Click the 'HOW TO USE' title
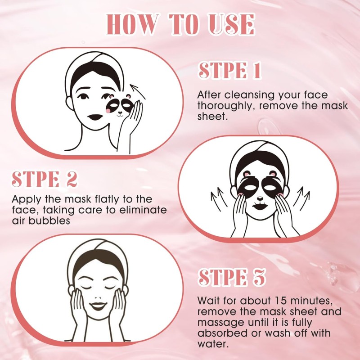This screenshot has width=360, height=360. (x=180, y=24)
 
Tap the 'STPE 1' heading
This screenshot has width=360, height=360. (x=230, y=70)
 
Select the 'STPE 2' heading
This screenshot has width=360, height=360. (x=44, y=179)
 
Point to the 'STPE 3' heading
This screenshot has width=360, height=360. (x=232, y=277)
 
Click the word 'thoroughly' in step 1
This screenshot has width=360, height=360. (x=226, y=106)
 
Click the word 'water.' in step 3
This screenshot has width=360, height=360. (x=213, y=344)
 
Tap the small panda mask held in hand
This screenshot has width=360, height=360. (x=120, y=105)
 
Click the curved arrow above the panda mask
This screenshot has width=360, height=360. (x=137, y=91)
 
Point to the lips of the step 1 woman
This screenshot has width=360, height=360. (x=95, y=117)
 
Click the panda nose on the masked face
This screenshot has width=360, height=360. (x=260, y=198)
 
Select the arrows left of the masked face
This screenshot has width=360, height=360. (x=219, y=199)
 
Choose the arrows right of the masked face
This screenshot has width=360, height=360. (x=301, y=198)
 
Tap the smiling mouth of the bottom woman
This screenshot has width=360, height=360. (x=98, y=306)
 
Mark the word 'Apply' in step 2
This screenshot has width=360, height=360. (x=27, y=199)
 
